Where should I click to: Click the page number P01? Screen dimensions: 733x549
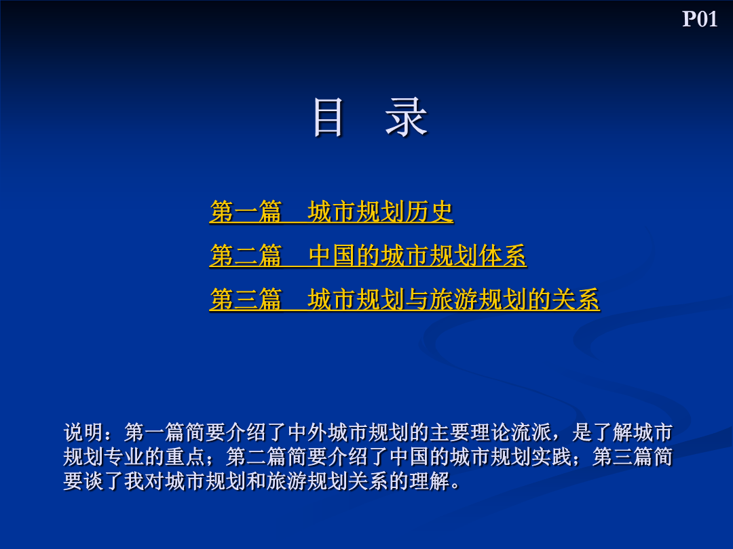pyautogui.click(x=700, y=19)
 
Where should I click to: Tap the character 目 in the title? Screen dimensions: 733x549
pyautogui.click(x=328, y=118)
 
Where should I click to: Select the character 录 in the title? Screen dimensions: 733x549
pyautogui.click(x=407, y=118)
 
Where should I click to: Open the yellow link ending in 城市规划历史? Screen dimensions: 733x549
pyautogui.click(x=331, y=211)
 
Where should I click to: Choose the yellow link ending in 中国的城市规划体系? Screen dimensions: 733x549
pyautogui.click(x=368, y=256)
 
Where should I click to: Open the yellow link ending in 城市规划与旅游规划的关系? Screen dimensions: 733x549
pyautogui.click(x=405, y=300)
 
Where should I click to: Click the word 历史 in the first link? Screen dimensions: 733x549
pyautogui.click(x=429, y=211)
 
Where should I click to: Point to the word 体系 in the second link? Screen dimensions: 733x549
pyautogui.click(x=502, y=256)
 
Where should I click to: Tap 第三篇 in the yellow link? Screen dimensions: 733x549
pyautogui.click(x=246, y=300)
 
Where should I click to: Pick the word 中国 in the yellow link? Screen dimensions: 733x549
pyautogui.click(x=332, y=256)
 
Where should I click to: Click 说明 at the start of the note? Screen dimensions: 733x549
pyautogui.click(x=83, y=432)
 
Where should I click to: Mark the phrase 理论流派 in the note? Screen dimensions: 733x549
pyautogui.click(x=512, y=432)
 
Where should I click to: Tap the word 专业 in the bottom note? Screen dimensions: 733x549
pyautogui.click(x=124, y=457)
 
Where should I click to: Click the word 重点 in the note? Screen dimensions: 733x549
pyautogui.click(x=185, y=457)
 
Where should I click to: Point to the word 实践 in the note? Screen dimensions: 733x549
pyautogui.click(x=552, y=457)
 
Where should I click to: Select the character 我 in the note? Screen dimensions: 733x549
pyautogui.click(x=134, y=481)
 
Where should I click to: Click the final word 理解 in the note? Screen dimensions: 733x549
pyautogui.click(x=430, y=481)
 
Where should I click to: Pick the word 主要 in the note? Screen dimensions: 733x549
pyautogui.click(x=450, y=432)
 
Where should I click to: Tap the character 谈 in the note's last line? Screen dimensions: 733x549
pyautogui.click(x=94, y=481)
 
